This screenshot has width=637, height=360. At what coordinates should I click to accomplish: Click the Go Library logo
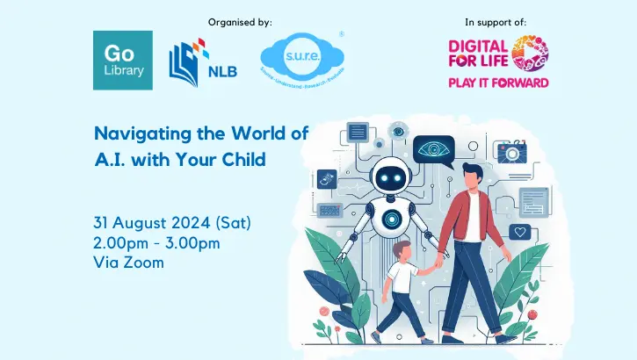tap(122, 60)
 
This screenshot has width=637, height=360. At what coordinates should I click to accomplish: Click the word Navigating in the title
tap(136, 133)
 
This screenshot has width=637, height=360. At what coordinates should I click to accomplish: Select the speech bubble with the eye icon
tap(438, 150)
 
